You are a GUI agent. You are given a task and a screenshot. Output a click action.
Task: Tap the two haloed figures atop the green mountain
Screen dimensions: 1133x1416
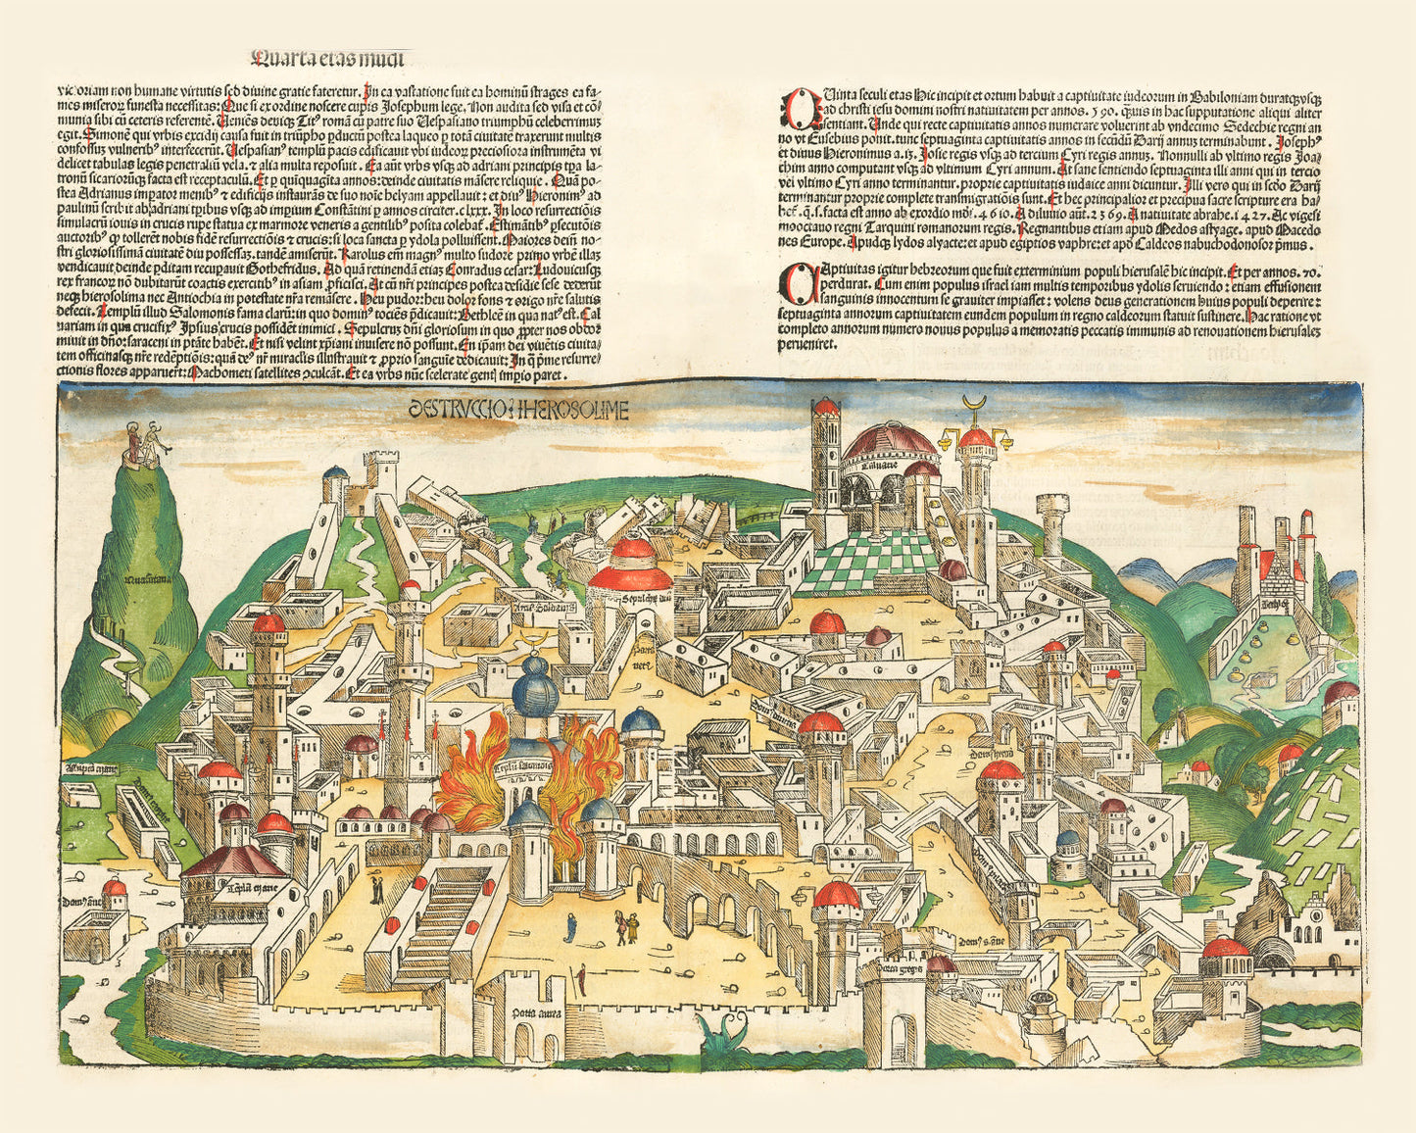pos(144,441)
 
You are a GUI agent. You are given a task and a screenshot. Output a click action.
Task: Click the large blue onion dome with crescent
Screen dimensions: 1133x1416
pos(535,689)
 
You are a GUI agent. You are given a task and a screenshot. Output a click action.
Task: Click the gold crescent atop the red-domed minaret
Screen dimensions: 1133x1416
pos(975,403)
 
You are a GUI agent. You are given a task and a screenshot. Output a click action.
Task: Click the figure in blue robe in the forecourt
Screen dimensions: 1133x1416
pos(569,925)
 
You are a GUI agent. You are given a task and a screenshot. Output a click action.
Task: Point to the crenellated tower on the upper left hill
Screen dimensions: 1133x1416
pos(380,474)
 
